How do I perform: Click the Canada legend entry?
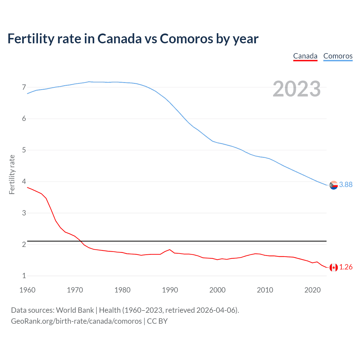coord(305,56)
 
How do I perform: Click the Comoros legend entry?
coord(338,56)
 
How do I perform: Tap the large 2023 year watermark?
coord(296,89)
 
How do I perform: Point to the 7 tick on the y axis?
coord(24,87)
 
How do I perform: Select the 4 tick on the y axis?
coord(24,181)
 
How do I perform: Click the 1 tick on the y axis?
coord(24,276)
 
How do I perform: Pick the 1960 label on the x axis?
coord(27,290)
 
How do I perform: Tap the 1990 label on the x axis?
coord(170,290)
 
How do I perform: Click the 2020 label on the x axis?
coord(312,290)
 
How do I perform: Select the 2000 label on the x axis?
coord(217,290)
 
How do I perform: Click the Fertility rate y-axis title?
coord(12,174)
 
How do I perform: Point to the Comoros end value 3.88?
coord(346,184)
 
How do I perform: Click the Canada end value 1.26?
coord(346,267)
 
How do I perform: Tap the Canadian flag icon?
coord(334,267)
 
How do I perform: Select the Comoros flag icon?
coord(334,185)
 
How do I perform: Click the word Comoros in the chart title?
coord(186,39)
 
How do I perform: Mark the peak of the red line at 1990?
coord(170,249)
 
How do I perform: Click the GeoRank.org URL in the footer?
coord(76,321)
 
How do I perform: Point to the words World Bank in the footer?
coord(75,310)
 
